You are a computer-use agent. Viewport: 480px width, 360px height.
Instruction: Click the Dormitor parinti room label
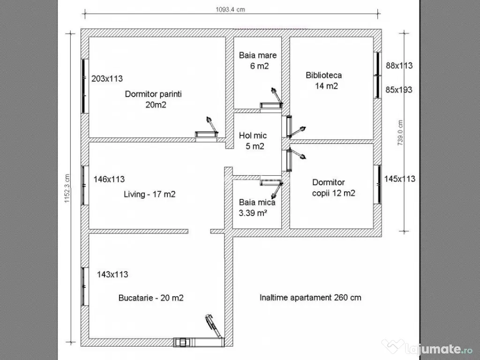[153, 99]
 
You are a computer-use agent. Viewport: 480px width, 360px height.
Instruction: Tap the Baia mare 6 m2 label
[258, 60]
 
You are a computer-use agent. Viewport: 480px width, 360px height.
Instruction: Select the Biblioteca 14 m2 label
[324, 80]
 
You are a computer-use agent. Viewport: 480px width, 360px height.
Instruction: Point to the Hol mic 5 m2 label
[253, 141]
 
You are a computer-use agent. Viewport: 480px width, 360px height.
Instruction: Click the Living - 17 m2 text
[150, 194]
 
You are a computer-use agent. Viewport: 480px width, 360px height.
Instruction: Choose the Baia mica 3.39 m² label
[257, 208]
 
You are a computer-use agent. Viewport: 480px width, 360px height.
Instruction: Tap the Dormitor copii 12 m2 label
[333, 187]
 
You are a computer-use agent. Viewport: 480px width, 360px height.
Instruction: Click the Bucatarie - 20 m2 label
[151, 298]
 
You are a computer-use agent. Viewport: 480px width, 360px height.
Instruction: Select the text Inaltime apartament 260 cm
[310, 297]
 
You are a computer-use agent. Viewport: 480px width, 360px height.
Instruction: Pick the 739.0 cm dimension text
[400, 133]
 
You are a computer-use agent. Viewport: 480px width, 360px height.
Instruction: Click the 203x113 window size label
[107, 79]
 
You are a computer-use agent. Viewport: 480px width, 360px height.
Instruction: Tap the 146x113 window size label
[109, 179]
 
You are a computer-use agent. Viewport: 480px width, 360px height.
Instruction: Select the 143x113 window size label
[112, 274]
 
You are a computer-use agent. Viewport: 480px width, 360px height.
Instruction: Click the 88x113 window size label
[399, 66]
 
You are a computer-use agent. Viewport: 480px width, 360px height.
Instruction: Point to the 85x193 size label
[399, 89]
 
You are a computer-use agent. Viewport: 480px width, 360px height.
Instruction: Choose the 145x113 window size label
[399, 179]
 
